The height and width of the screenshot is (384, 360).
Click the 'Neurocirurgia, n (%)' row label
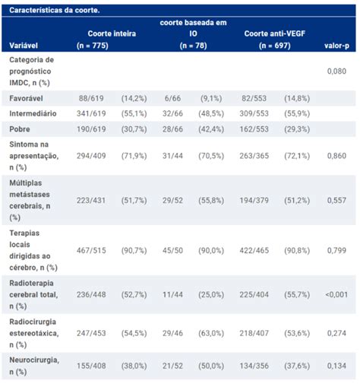pyautogui.click(x=34, y=366)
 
